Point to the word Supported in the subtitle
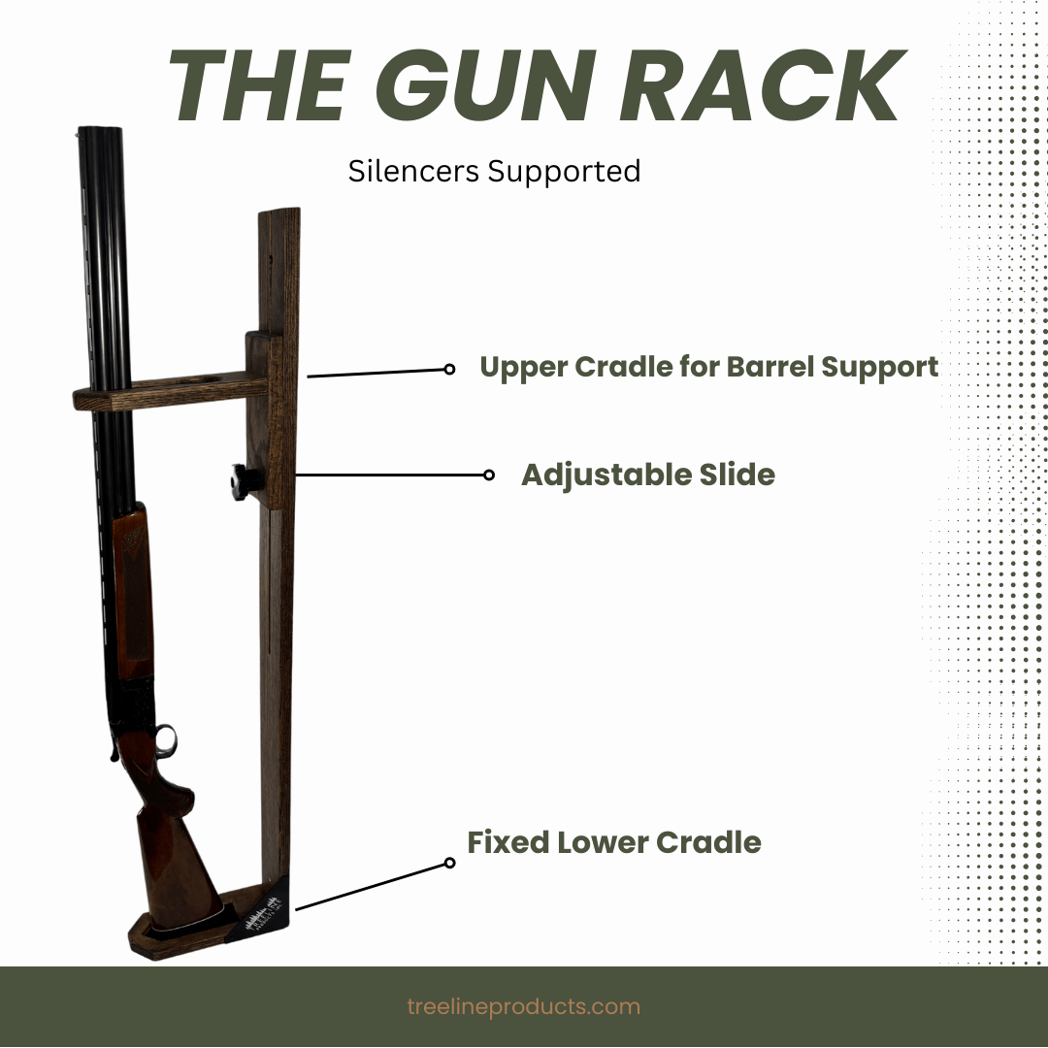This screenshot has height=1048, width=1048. click(564, 172)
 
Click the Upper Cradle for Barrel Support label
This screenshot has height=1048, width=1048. click(708, 367)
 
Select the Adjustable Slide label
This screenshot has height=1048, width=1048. click(648, 475)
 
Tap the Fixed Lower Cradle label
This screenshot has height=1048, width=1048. click(614, 841)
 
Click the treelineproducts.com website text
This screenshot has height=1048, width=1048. click(524, 1006)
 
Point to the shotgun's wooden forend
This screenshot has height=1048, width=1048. click(131, 582)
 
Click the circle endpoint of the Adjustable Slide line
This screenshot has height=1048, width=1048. click(489, 475)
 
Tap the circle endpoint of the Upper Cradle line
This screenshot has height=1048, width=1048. click(449, 369)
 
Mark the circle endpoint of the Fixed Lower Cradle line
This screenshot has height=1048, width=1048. click(449, 863)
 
